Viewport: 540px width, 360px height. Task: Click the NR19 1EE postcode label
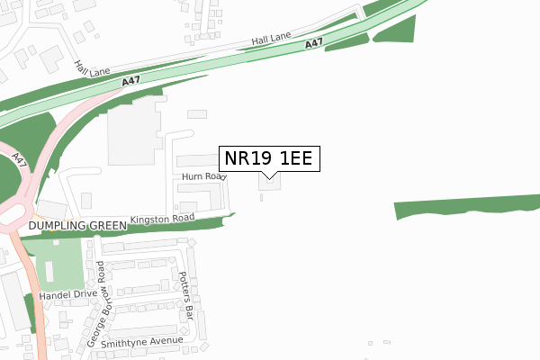coord(268,158)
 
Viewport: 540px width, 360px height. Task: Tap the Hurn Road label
coord(202,177)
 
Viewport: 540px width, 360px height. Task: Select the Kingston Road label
coord(162,219)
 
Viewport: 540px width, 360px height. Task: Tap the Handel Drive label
coord(72,294)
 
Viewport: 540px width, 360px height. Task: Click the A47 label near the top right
coord(314,43)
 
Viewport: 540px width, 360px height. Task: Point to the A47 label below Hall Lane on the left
coord(131,83)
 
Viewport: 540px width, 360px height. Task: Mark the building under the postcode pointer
coord(269,183)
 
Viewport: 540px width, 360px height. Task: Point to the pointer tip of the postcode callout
coord(268,177)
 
